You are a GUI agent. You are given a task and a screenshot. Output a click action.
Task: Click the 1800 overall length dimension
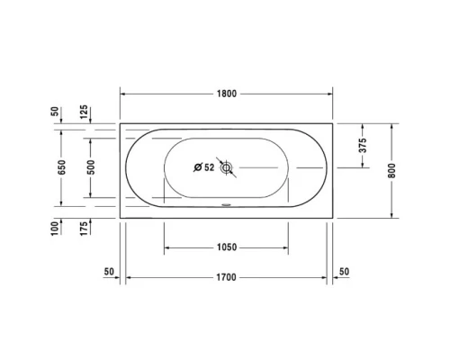(226, 93)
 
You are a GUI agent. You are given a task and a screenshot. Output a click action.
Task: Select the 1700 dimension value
(226, 277)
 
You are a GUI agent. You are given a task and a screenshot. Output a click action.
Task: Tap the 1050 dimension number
(226, 247)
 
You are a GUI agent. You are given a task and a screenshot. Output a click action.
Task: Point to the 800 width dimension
(391, 169)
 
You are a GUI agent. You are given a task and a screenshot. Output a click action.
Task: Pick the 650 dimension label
(61, 169)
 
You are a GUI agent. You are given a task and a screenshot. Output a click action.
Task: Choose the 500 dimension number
(91, 169)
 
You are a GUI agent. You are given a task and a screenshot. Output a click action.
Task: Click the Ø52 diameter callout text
(203, 167)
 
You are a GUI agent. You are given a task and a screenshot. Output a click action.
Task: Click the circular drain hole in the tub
(226, 167)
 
